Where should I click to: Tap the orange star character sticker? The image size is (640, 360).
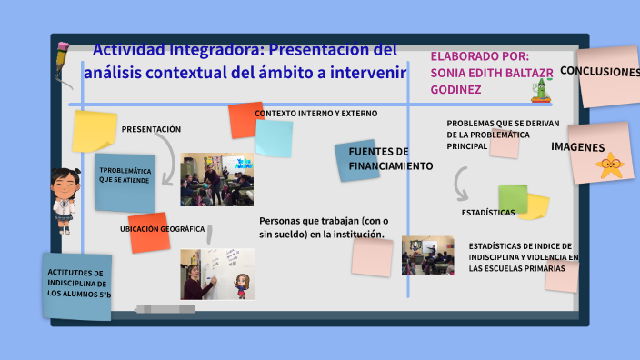[x=610, y=166]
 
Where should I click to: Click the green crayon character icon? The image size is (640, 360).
[x=543, y=89]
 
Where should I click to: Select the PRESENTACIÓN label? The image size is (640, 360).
[x=151, y=129]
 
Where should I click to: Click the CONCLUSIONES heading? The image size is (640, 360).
[x=599, y=71]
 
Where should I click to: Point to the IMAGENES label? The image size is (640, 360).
[x=577, y=147]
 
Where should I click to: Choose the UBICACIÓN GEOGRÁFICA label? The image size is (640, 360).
[x=162, y=229]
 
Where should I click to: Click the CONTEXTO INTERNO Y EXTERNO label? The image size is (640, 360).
[x=315, y=114]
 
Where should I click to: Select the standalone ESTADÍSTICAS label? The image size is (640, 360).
[x=488, y=213]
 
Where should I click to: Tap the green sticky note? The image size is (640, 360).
[x=513, y=198]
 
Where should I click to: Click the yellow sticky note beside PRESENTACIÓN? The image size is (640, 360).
[x=95, y=131]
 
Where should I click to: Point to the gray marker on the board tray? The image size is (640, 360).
[x=165, y=309]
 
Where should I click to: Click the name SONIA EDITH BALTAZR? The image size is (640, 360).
[x=491, y=72]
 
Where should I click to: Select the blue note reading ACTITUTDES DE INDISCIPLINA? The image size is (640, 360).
[x=78, y=285]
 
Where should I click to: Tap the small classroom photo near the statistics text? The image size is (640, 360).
[x=427, y=255]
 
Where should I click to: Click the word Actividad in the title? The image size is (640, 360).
[x=132, y=49]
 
